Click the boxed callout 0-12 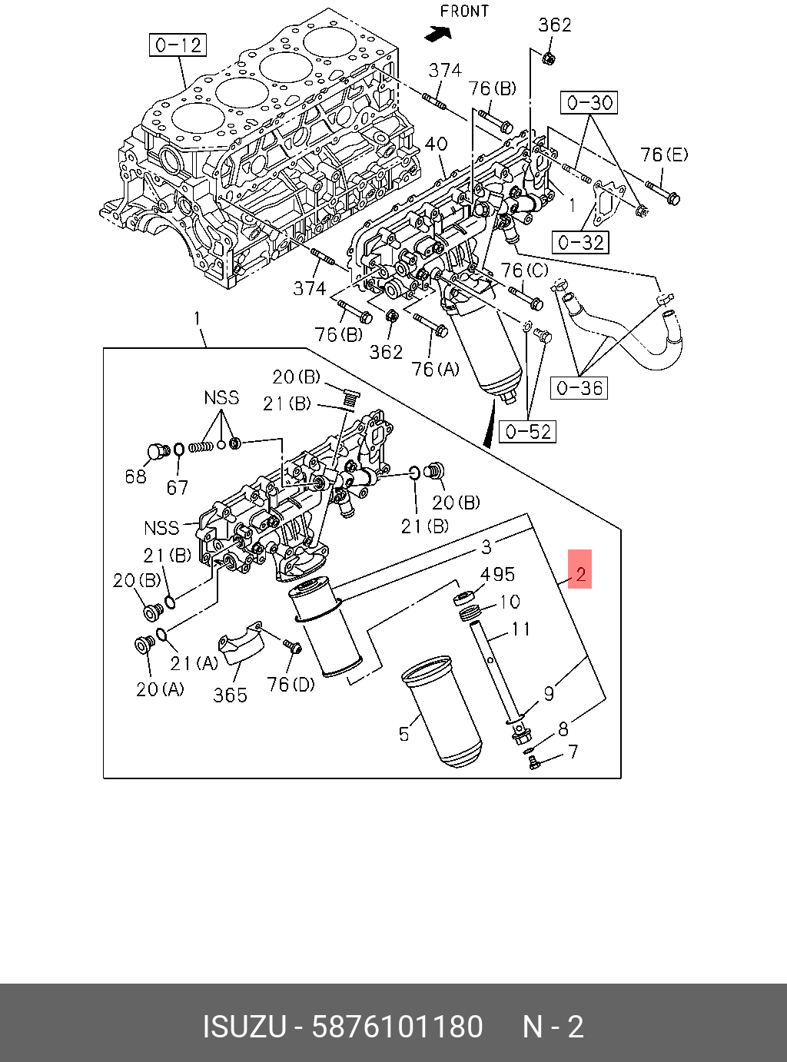[178, 45]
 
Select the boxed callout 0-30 [590, 102]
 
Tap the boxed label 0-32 [580, 243]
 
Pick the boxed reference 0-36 [579, 387]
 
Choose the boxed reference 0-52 [529, 432]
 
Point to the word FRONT [464, 12]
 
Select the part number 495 [497, 574]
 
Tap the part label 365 [230, 695]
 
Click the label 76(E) [664, 155]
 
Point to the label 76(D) [291, 683]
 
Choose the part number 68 [135, 476]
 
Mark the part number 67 [178, 487]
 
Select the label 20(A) [160, 689]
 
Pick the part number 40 [436, 144]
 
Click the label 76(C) [525, 270]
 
